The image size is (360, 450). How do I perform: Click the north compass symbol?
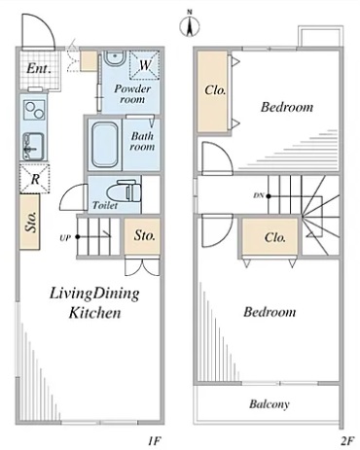tap(190, 25)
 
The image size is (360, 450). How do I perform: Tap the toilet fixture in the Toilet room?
tap(124, 191)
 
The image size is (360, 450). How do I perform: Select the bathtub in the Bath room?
tap(104, 145)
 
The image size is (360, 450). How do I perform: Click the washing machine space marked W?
tap(145, 65)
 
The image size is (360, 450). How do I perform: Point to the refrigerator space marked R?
tap(35, 179)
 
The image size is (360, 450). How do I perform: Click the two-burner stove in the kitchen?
tap(34, 110)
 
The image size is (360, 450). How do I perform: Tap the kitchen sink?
tap(33, 147)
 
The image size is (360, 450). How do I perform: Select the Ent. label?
tap(39, 68)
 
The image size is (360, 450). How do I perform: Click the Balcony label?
tap(270, 404)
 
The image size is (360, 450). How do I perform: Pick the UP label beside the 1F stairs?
tap(65, 238)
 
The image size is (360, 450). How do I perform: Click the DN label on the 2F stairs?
tap(259, 195)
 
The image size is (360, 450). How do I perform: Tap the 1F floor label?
tap(154, 440)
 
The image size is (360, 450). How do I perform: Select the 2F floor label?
tap(346, 440)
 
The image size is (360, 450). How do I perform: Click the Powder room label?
tap(132, 94)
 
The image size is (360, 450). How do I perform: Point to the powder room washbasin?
tap(115, 57)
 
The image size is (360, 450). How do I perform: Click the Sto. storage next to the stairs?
tap(142, 236)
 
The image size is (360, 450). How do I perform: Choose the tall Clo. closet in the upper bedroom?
tap(213, 91)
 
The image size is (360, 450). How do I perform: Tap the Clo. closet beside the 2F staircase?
tap(270, 237)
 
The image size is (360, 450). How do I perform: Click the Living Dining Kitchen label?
tap(94, 303)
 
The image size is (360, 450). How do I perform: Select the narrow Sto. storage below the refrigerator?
tap(30, 222)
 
